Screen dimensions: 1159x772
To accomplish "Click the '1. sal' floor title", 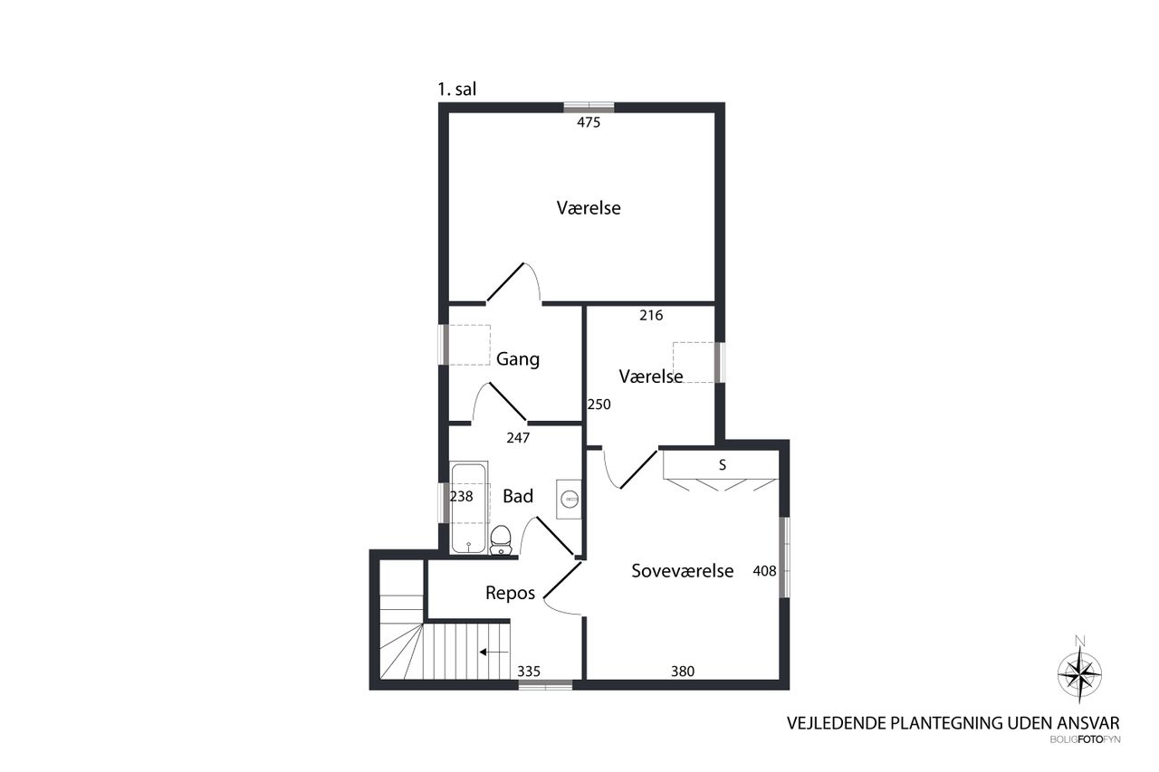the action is tap(457, 90).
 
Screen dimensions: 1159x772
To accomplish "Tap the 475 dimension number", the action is tap(589, 122).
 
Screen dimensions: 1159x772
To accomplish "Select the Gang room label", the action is tap(518, 359).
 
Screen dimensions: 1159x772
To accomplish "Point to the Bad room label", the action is tap(518, 496).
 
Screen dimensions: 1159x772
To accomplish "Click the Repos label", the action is tap(510, 594).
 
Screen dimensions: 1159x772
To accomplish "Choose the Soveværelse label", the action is tap(683, 571).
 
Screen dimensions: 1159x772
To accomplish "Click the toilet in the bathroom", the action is tap(501, 539).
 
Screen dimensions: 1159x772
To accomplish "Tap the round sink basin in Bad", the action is tap(570, 499).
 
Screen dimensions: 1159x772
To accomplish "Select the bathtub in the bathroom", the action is tap(469, 508).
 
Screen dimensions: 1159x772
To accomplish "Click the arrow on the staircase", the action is tap(493, 653).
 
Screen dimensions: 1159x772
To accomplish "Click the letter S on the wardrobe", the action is tap(723, 465).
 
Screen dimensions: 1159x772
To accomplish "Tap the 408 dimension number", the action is tap(765, 571).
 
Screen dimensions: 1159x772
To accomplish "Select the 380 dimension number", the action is tap(683, 672).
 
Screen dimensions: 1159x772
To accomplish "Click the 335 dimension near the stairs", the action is tap(529, 672).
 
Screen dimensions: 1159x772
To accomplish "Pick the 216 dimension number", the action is tap(651, 316).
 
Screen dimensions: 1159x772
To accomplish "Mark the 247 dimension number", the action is tap(518, 438).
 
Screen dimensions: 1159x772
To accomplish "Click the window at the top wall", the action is tap(589, 108).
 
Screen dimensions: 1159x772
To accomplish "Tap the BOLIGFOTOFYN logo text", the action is tap(1085, 740).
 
